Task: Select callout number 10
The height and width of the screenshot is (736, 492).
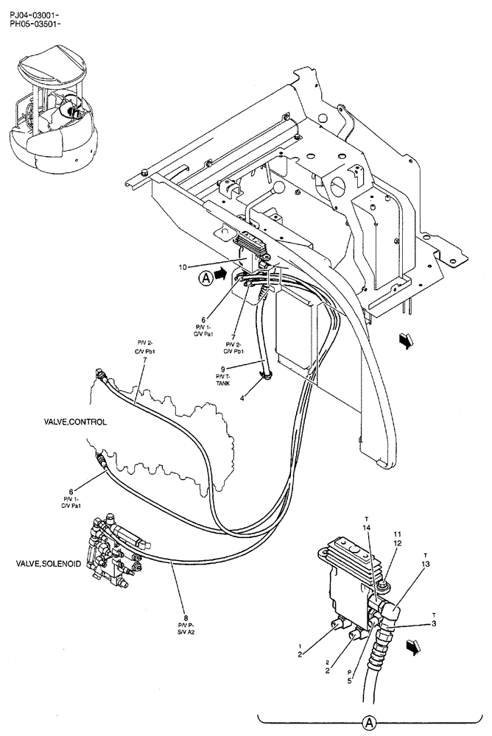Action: pyautogui.click(x=183, y=266)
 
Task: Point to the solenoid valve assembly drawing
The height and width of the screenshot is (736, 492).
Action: pyautogui.click(x=117, y=551)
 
